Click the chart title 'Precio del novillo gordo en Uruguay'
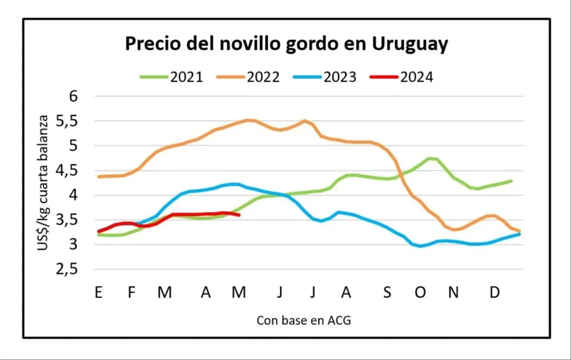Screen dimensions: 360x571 287,44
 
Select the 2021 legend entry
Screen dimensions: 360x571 171,77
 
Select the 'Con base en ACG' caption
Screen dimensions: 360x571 303,320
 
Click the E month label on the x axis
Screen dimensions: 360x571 98,293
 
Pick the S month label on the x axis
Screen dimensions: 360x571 387,293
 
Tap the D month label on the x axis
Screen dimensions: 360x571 495,293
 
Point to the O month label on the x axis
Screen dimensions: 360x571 420,293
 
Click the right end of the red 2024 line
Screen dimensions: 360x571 239,215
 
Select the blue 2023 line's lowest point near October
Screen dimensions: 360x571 421,246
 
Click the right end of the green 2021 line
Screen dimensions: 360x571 511,181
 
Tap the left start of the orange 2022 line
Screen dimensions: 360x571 99,177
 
